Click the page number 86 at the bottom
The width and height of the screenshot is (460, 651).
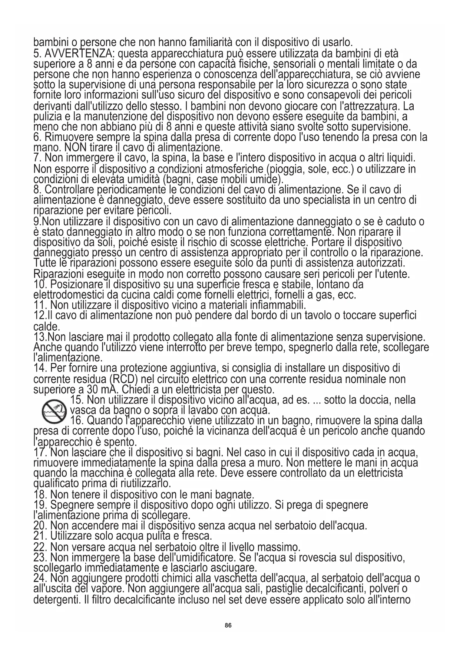228,625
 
